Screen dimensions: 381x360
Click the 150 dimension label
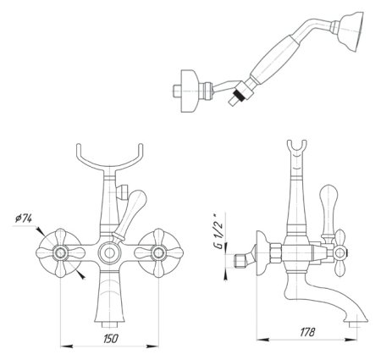[x=111, y=338]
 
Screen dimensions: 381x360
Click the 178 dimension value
[x=307, y=332]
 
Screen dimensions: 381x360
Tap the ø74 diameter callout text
[x=23, y=219]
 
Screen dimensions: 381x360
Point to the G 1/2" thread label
[x=218, y=232]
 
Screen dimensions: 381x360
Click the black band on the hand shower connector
[x=239, y=95]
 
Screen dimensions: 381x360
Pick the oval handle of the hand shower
[x=273, y=59]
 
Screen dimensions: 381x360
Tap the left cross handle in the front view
[x=61, y=253]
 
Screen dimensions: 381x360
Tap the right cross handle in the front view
[x=158, y=253]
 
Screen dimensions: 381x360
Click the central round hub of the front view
[x=110, y=253]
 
